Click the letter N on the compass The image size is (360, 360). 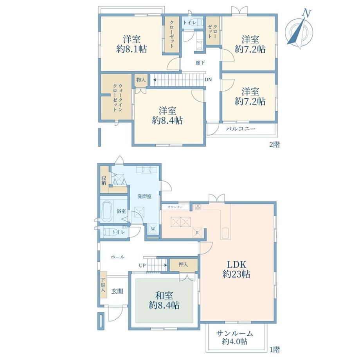pyautogui.click(x=306, y=13)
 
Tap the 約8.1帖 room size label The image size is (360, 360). pyautogui.click(x=131, y=49)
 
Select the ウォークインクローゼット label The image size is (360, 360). pyautogui.click(x=117, y=98)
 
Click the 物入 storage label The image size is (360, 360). pyautogui.click(x=141, y=80)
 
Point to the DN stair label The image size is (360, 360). pyautogui.click(x=208, y=80)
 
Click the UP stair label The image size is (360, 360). pyautogui.click(x=142, y=265)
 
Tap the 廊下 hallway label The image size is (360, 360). pyautogui.click(x=200, y=63)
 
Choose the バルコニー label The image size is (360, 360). pyautogui.click(x=241, y=129)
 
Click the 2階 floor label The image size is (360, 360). pyautogui.click(x=274, y=144)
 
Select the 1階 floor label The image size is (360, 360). pyautogui.click(x=274, y=350)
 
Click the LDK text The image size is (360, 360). pyautogui.click(x=236, y=265)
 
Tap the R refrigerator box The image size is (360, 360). pyautogui.click(x=197, y=232)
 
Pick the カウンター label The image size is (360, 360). pyautogui.click(x=175, y=207)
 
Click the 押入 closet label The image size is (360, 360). pyautogui.click(x=183, y=265)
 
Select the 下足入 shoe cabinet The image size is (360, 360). pyautogui.click(x=103, y=285)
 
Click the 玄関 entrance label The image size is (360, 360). pyautogui.click(x=117, y=292)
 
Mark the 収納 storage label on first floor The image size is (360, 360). pyautogui.click(x=104, y=180)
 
